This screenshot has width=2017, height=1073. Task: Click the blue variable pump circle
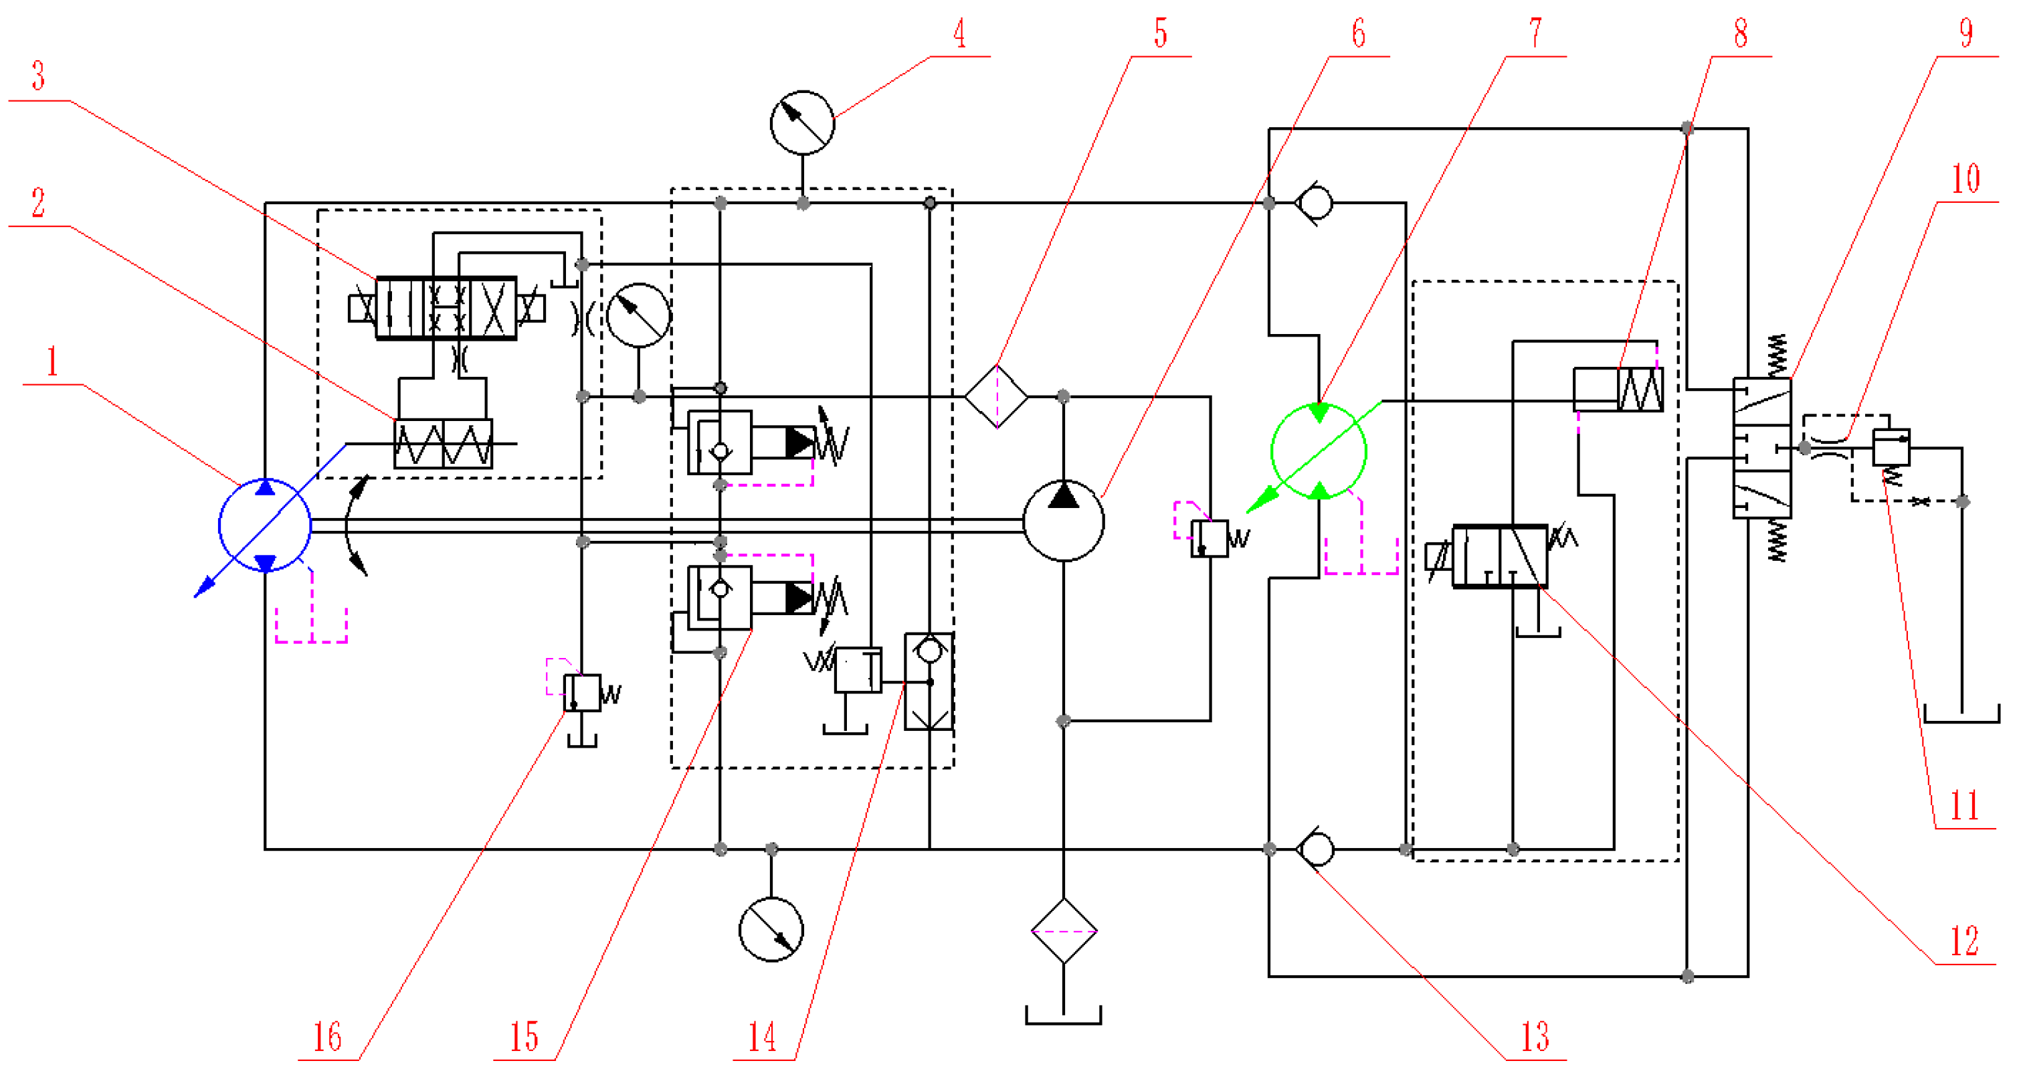click(x=265, y=525)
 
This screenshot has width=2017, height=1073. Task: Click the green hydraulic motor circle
click(x=1319, y=452)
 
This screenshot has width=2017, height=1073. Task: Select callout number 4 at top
click(x=959, y=34)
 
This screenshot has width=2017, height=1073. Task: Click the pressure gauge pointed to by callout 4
click(x=802, y=123)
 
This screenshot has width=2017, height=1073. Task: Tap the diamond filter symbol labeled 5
click(x=996, y=396)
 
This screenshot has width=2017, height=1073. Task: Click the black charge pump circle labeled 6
click(x=1063, y=521)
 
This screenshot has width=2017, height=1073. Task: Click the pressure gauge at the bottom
click(x=771, y=930)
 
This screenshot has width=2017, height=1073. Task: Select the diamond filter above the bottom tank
click(x=1063, y=931)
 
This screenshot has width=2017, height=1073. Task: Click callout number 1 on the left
click(x=52, y=363)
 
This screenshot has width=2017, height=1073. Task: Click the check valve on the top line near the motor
click(x=1315, y=203)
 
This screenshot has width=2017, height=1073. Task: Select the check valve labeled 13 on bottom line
click(x=1315, y=849)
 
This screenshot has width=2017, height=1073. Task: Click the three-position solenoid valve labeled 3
click(x=446, y=309)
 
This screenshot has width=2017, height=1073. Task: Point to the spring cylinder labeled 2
click(x=443, y=443)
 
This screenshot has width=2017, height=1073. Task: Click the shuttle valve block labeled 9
click(x=1761, y=448)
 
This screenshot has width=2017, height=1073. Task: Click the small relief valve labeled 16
click(x=582, y=692)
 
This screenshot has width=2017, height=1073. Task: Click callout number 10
click(x=1965, y=179)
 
